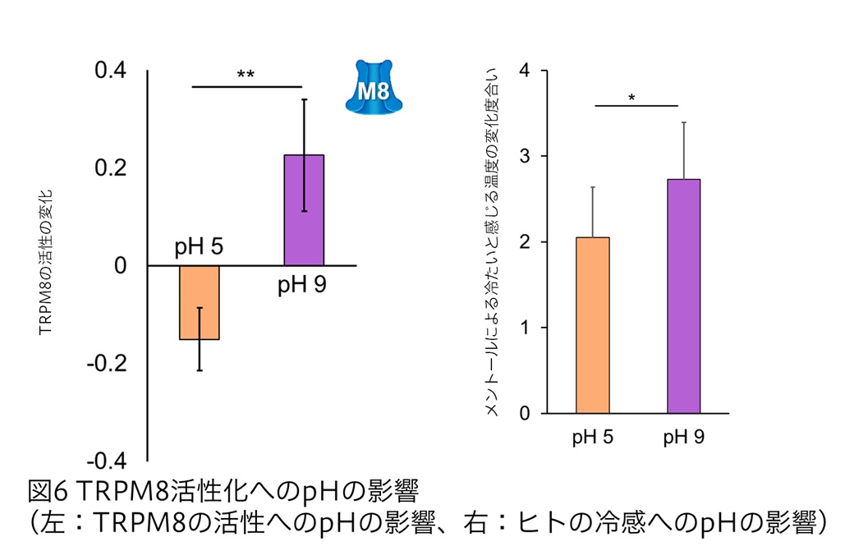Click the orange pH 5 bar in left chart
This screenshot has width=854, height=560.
coord(200,301)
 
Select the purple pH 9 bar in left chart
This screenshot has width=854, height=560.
coord(304,210)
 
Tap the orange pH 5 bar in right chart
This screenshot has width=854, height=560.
coord(592,325)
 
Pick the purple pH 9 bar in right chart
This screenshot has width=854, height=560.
coord(683,296)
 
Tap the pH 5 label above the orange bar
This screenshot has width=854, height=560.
coord(199,247)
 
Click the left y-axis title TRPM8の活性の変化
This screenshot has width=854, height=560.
coord(46,263)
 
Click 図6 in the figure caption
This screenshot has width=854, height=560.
coord(48,492)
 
